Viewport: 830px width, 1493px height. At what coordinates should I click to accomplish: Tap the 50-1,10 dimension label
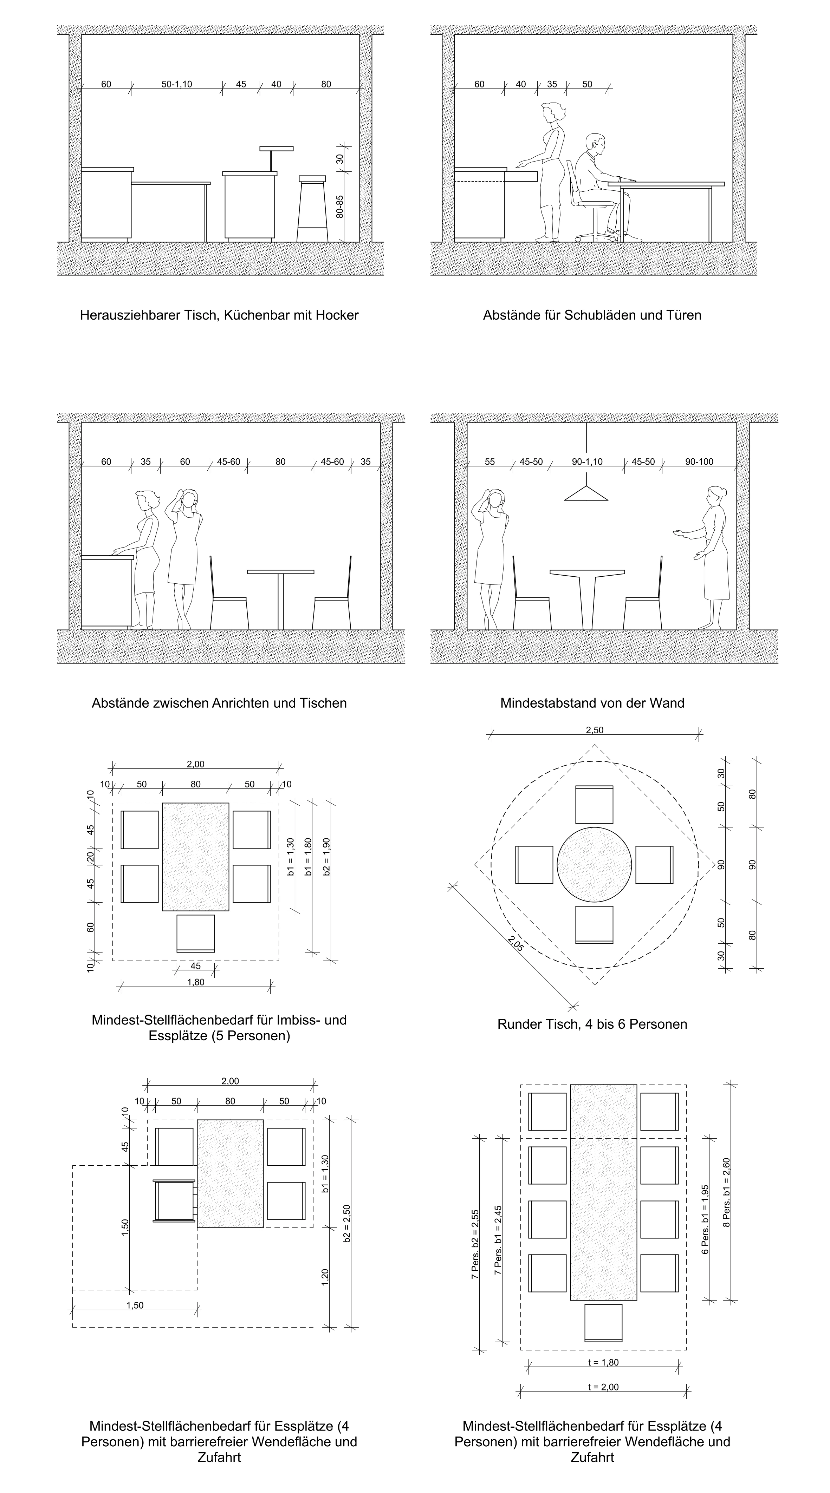pyautogui.click(x=176, y=84)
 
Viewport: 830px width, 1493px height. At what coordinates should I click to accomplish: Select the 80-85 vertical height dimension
pyautogui.click(x=340, y=206)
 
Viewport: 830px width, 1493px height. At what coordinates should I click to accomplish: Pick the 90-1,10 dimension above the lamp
pyautogui.click(x=587, y=462)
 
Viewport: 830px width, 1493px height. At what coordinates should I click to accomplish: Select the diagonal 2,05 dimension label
pyautogui.click(x=515, y=944)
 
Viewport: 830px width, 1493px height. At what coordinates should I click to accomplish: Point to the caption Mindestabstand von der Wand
pyautogui.click(x=592, y=703)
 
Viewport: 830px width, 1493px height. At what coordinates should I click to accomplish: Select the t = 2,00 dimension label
pyautogui.click(x=603, y=1387)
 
